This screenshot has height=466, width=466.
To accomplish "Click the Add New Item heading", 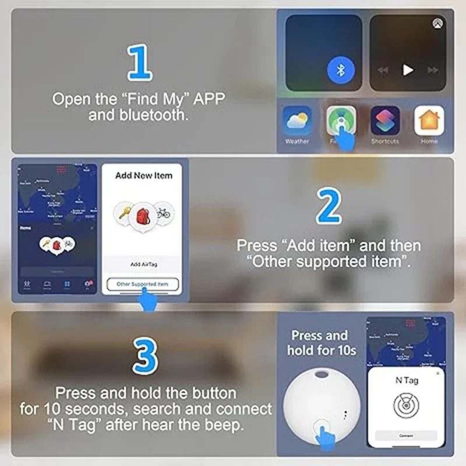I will coord(143,175).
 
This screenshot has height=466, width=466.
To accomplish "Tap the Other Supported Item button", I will coord(143,284).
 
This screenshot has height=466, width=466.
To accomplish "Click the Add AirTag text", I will coord(143,264).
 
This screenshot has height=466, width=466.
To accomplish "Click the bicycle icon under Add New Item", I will coord(163,213).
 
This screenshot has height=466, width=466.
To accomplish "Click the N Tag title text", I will coord(407,380).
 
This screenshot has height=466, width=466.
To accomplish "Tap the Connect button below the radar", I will coord(406,436).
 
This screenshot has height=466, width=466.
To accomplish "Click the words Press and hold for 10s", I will coord(320,343).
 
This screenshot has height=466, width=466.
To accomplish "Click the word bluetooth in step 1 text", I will coord(138,115).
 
